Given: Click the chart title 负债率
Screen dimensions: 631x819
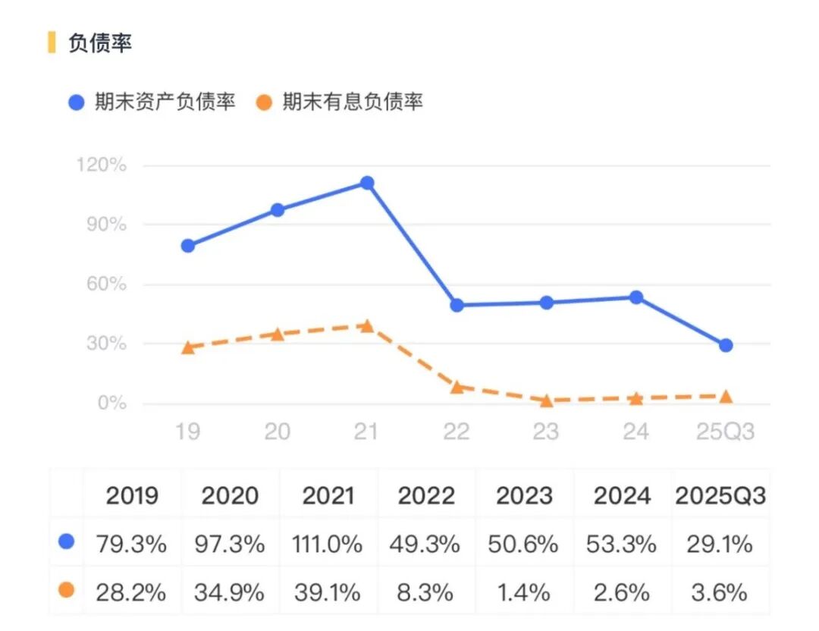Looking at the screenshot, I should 100,43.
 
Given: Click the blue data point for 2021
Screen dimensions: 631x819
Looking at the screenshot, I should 367,183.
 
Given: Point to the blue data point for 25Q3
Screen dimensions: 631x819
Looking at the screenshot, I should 726,345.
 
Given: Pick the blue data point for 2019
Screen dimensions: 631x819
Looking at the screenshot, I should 188,246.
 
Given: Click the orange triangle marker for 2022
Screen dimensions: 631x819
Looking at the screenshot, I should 457,387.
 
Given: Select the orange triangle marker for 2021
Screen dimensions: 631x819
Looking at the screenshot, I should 367,326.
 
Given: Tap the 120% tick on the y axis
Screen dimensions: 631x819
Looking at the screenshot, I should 102,165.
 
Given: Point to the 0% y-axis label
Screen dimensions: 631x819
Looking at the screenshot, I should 111,403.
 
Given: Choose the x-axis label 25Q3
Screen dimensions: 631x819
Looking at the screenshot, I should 726,432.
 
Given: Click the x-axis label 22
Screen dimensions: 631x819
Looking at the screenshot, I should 457,432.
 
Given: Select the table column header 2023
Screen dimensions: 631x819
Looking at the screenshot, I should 525,496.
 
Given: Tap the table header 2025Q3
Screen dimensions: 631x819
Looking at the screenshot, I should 720,496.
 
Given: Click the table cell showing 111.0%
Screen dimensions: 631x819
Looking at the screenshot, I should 328,544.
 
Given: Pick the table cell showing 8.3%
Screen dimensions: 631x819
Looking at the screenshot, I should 427,592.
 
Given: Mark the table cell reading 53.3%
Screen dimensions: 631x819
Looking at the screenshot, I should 623,544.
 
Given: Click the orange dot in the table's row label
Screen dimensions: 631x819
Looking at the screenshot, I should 67,589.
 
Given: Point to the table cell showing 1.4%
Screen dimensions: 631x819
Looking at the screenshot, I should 525,592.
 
